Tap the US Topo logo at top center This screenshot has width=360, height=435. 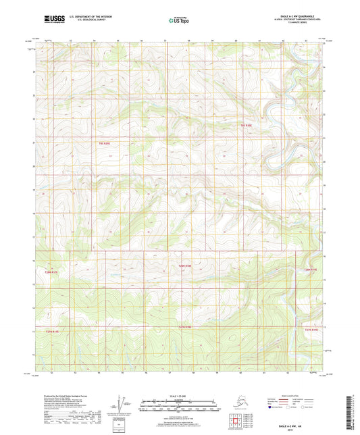point(177,21)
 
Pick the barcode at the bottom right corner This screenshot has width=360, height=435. point(352,409)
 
